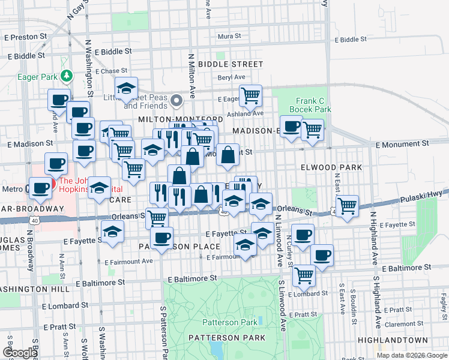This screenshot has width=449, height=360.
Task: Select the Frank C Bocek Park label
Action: coord(313,106)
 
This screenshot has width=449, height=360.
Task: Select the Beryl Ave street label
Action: coord(232,77)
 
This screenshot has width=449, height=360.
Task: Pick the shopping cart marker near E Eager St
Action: coord(250,94)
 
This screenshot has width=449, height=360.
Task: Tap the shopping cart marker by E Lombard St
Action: coord(304,275)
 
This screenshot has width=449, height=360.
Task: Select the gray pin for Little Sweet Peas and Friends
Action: coord(176,100)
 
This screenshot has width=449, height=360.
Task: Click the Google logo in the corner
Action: coord(20,353)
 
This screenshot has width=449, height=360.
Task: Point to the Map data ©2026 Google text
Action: coord(412,355)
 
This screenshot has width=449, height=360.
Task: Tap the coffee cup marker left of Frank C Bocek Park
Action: coord(291,127)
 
